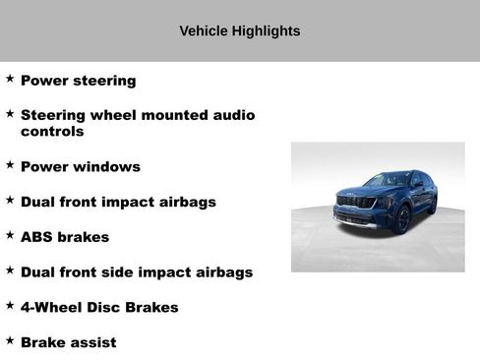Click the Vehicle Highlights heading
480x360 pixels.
tap(239, 31)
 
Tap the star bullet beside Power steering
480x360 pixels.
tap(10, 78)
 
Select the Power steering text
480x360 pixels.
tap(78, 81)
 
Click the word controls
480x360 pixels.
tap(52, 131)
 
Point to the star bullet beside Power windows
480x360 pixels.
tap(10, 164)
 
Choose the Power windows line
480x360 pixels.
tap(80, 167)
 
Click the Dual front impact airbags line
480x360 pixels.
tap(118, 202)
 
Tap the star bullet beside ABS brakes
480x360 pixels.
tap(10, 234)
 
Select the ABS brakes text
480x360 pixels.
tap(65, 237)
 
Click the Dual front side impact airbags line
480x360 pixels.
tap(137, 272)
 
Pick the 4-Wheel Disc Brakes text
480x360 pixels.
tap(99, 308)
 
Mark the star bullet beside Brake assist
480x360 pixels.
tap(10, 339)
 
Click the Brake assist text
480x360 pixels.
tap(68, 342)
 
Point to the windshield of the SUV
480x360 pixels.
tap(387, 181)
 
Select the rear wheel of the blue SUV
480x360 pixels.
tap(433, 204)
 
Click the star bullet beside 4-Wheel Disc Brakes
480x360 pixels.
tap(10, 305)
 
